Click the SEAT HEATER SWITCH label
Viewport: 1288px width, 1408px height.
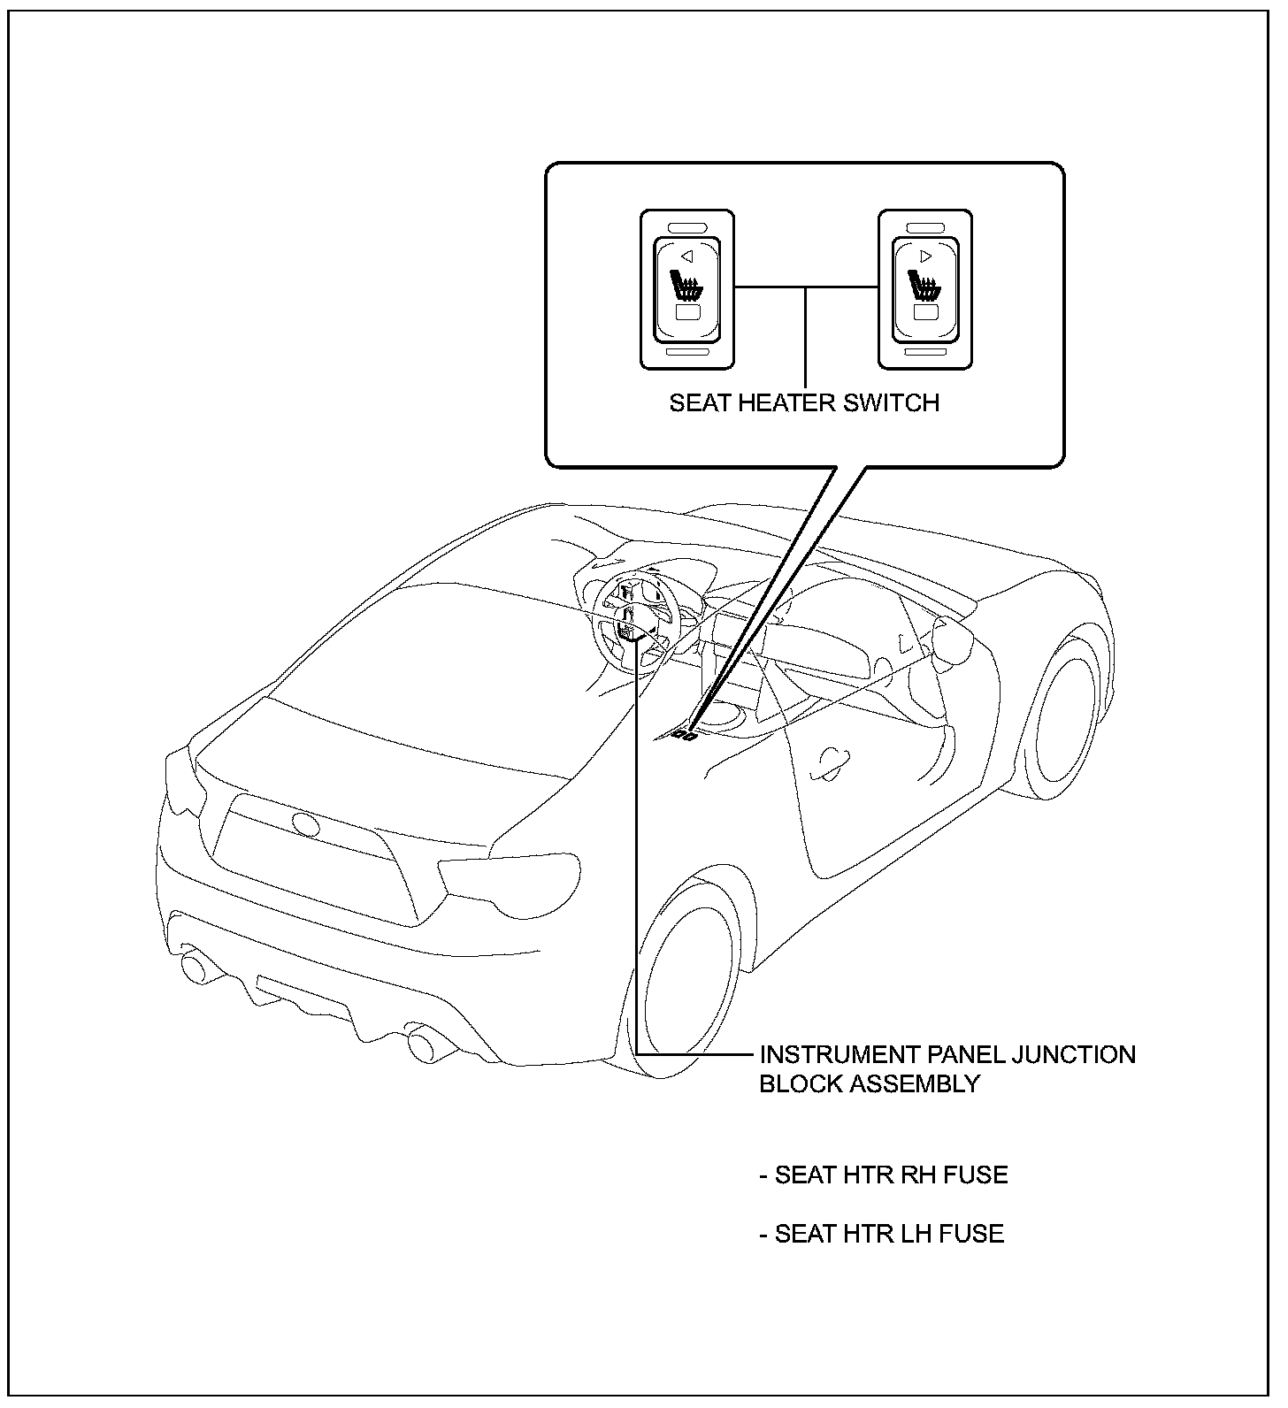[x=803, y=403]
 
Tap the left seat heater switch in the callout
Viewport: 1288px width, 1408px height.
[x=686, y=289]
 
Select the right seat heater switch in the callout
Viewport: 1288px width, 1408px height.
[x=925, y=289]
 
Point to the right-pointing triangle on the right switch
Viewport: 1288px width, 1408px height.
[x=925, y=256]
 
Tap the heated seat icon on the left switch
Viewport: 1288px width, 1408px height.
[x=686, y=287]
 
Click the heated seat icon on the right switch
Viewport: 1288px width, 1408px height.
[x=924, y=287]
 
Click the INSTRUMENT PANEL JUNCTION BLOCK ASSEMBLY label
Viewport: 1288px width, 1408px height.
[x=947, y=1068]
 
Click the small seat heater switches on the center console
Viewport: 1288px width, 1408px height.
[x=683, y=733]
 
